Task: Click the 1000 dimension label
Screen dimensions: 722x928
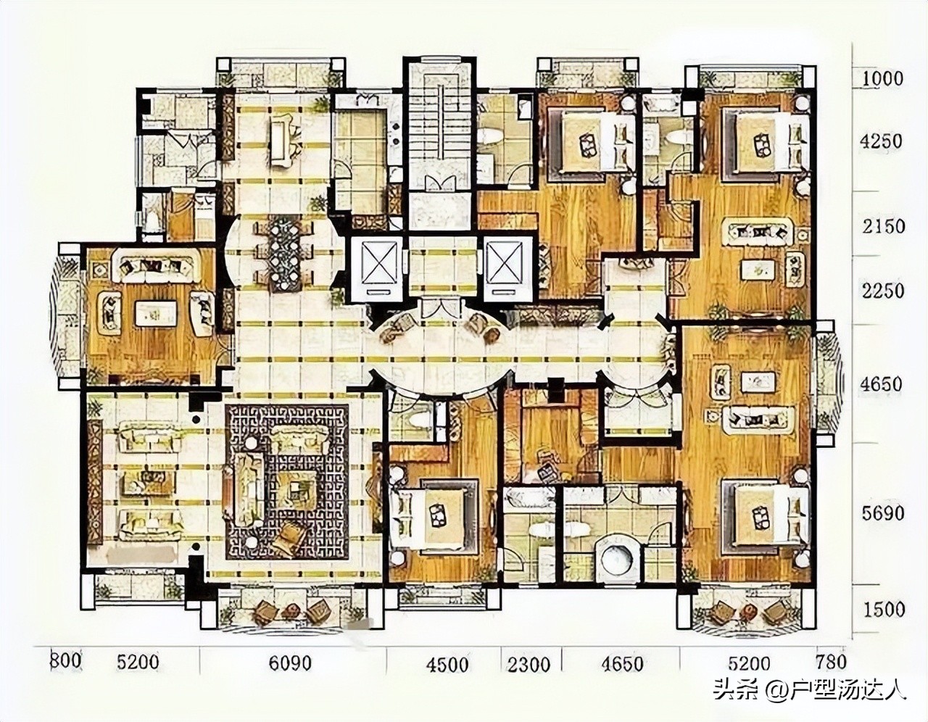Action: pos(882,78)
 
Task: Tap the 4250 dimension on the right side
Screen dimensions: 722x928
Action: pos(882,141)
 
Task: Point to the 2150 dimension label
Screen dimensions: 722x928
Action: pos(883,226)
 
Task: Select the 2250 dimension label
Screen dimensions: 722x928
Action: pos(883,290)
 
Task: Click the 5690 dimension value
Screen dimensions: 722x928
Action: pos(883,513)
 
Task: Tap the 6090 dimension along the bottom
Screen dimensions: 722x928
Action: pos(290,663)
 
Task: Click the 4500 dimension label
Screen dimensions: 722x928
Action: pos(447,663)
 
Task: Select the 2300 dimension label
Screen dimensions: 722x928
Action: pos(529,663)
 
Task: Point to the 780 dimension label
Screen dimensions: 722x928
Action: pos(830,662)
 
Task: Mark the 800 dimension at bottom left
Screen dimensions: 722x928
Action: pos(65,661)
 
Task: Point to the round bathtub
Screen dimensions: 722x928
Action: pos(620,556)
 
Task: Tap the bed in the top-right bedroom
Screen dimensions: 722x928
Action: pos(770,142)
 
